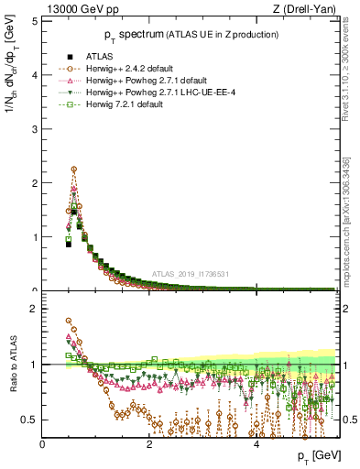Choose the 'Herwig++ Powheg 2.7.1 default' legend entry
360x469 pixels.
click(152, 81)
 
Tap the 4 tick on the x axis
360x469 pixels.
click(256, 444)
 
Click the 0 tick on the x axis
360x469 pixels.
click(43, 444)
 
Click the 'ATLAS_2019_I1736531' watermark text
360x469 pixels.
click(191, 274)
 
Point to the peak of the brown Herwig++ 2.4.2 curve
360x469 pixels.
click(73, 169)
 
